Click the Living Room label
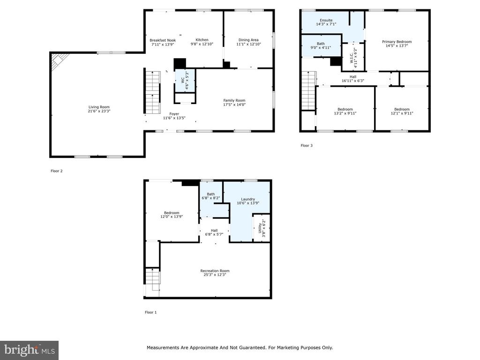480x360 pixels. [x=99, y=107]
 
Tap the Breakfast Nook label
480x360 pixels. [x=163, y=40]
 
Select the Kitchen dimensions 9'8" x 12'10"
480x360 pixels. [x=202, y=44]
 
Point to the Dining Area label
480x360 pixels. [x=248, y=40]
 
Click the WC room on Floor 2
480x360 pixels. [x=185, y=80]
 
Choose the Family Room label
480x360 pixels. [x=234, y=100]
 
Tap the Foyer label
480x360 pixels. [x=174, y=114]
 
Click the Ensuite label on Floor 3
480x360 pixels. [x=326, y=20]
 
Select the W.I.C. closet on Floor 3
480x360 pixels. [x=353, y=57]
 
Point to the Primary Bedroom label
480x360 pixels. [x=397, y=42]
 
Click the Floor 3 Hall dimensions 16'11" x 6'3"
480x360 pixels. [x=352, y=81]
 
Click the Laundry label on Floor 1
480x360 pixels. [x=248, y=199]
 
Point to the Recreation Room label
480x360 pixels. [x=215, y=270]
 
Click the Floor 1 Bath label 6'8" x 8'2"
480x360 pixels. [x=210, y=196]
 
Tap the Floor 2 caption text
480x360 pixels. [x=57, y=171]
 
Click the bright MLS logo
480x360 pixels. [x=29, y=350]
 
